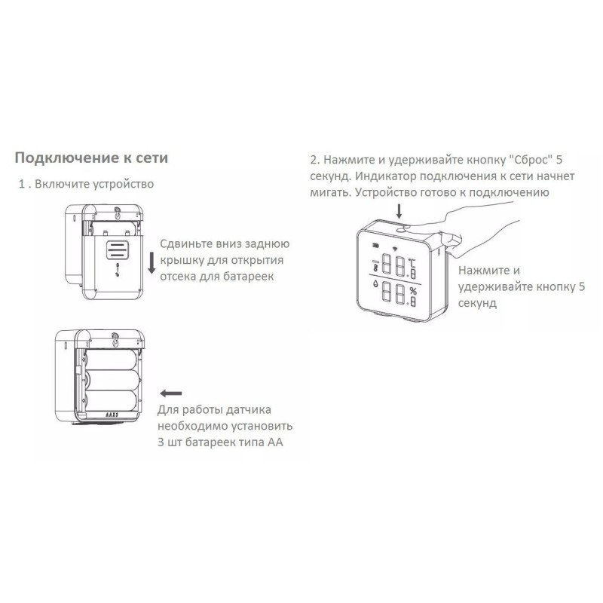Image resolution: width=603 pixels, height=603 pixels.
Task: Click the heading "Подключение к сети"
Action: point(91,158)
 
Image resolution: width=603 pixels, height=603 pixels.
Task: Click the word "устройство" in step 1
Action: point(123,184)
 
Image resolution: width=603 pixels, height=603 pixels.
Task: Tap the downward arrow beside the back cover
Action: point(152,263)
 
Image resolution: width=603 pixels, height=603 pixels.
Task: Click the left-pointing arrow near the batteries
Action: point(170,393)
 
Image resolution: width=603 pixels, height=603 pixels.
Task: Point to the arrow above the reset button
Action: point(399,211)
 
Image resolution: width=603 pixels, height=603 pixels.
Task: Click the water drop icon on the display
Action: point(375,284)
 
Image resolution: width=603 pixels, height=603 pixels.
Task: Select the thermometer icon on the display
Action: point(375,266)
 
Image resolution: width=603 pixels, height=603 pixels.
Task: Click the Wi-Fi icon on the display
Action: point(395,248)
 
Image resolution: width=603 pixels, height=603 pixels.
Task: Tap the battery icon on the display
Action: point(375,244)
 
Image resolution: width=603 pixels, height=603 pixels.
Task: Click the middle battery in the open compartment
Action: point(111,380)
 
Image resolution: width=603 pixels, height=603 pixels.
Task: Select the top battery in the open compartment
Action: point(111,360)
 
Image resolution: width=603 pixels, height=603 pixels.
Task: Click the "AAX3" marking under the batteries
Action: point(111,415)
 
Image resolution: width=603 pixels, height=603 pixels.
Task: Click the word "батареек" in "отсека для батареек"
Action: point(249,277)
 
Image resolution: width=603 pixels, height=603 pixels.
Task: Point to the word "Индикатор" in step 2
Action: point(385,176)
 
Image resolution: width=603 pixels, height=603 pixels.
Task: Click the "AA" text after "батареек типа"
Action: point(275,442)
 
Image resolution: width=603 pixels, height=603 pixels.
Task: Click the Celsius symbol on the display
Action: point(412,263)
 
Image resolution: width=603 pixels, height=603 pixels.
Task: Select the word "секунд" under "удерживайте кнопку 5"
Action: point(477,303)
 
